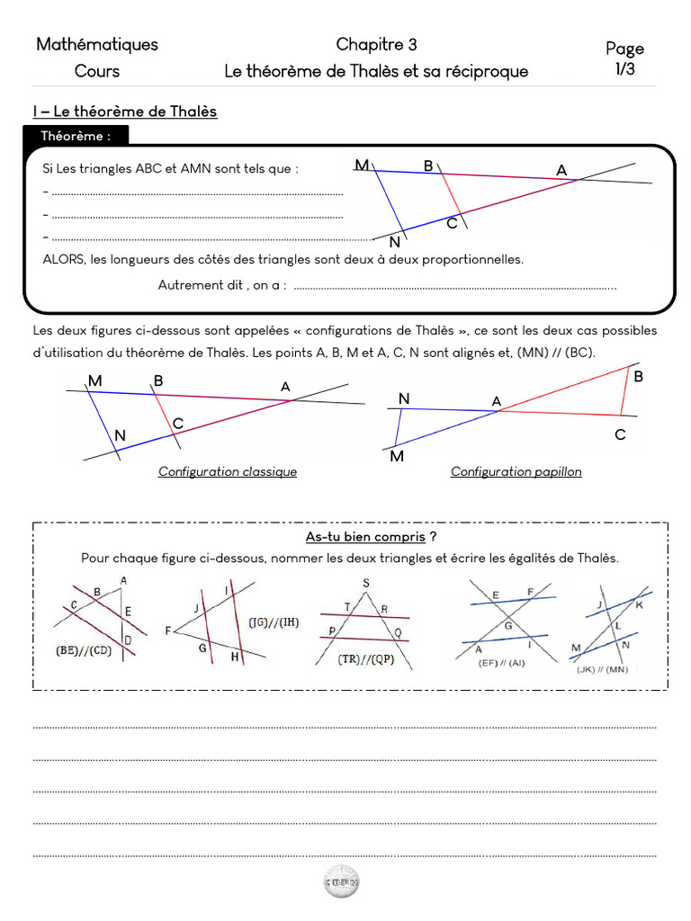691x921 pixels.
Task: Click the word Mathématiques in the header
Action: coord(97,44)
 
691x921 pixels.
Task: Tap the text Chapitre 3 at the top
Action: coord(376,44)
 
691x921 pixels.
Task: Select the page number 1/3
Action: coord(624,69)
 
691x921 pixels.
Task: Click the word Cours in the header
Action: coord(97,71)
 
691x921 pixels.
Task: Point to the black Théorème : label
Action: coord(76,136)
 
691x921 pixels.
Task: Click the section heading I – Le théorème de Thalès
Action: coord(125,112)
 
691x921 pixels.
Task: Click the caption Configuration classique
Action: coord(228,471)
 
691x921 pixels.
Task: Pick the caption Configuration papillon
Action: coord(516,471)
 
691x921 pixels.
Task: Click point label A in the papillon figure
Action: coord(496,400)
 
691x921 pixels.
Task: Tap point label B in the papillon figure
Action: coord(639,377)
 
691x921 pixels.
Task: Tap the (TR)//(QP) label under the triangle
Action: coord(364,659)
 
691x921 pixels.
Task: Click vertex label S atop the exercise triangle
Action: coord(365,583)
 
